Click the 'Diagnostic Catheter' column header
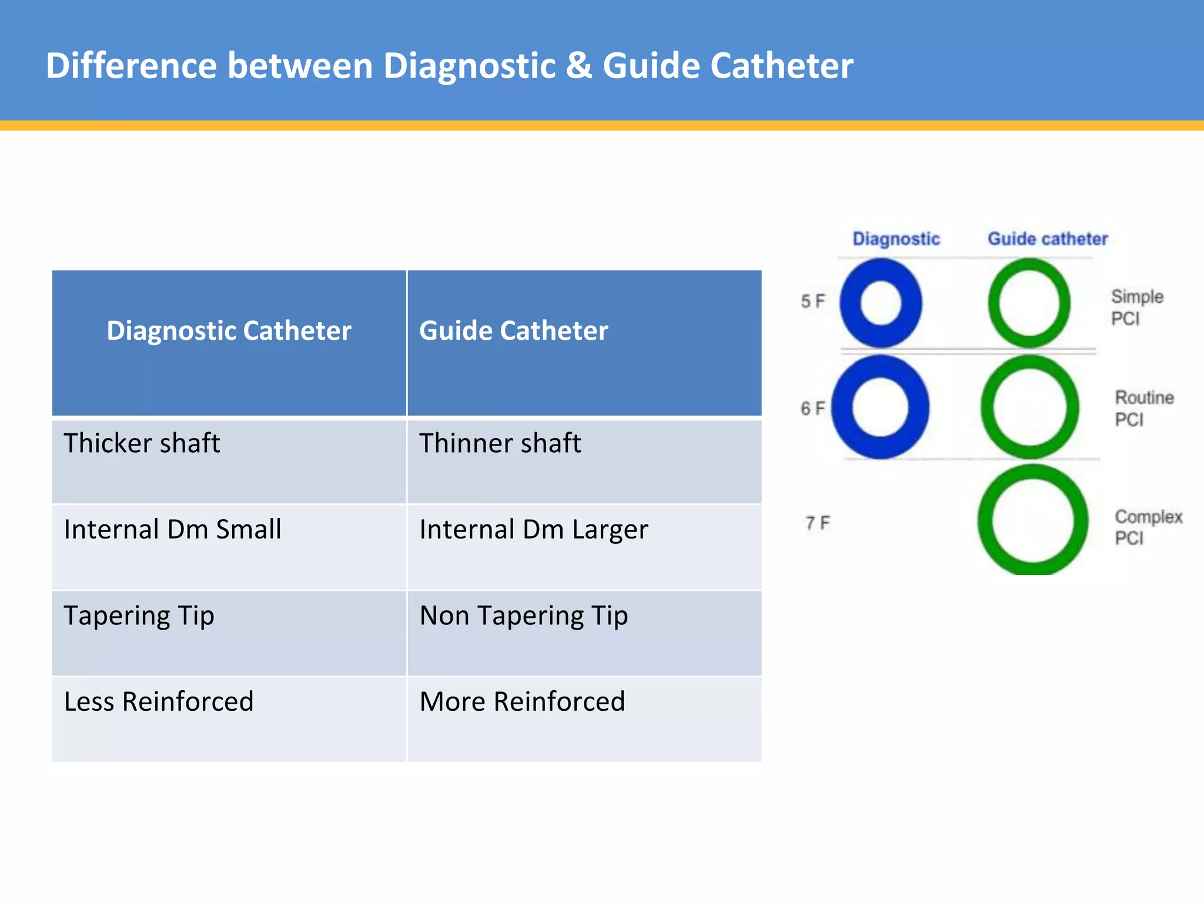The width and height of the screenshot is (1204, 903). click(229, 331)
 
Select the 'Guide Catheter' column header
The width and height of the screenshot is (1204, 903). click(513, 331)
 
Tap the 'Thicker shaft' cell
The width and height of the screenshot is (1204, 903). click(142, 443)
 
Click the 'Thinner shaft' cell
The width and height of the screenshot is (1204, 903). click(500, 443)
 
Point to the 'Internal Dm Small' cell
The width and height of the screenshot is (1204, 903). click(172, 529)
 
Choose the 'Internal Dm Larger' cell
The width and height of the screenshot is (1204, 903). click(533, 529)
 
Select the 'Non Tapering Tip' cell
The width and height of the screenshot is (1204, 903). click(523, 616)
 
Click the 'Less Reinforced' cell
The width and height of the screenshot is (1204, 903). click(159, 701)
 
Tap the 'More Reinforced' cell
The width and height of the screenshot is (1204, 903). click(522, 701)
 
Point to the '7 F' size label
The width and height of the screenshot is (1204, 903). click(817, 523)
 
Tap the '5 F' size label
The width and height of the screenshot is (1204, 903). click(813, 301)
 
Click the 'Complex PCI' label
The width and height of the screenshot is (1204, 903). click(1147, 527)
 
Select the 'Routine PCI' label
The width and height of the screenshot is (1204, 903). click(1143, 408)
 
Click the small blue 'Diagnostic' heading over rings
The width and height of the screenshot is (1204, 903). click(896, 239)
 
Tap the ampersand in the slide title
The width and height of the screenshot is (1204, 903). click(579, 65)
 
